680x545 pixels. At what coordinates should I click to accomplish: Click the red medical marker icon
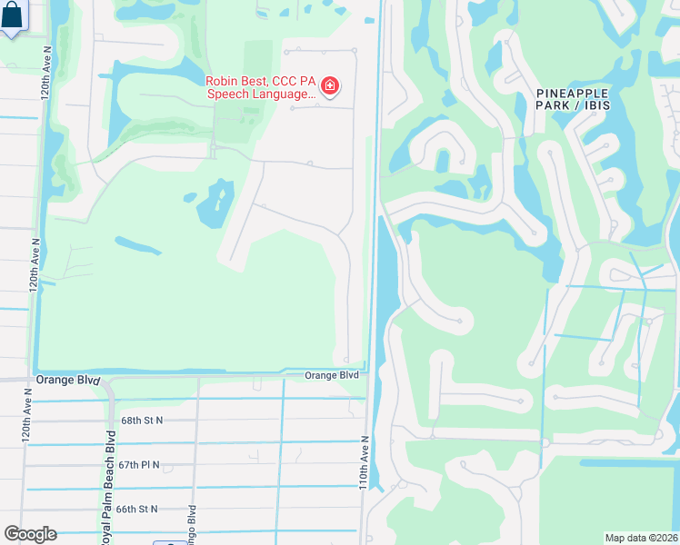pos(329,87)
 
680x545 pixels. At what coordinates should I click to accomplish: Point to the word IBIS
pos(596,106)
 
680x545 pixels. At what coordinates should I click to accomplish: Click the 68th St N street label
pos(142,421)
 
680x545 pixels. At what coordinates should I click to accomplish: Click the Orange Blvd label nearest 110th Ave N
pos(331,375)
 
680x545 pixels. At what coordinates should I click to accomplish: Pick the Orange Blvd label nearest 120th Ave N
pos(66,380)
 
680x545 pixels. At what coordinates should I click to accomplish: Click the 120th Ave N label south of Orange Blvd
pos(26,415)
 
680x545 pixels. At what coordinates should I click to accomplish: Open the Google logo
pos(30,534)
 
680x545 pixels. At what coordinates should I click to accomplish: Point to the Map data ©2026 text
pos(641,538)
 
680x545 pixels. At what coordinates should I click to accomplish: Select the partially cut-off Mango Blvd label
pos(192,522)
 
